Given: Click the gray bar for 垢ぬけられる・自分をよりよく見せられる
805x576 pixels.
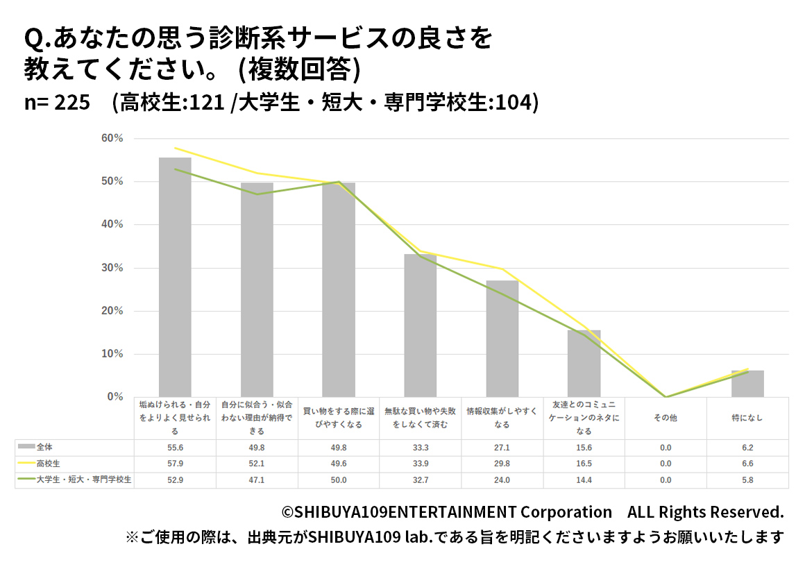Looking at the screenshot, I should click(175, 278).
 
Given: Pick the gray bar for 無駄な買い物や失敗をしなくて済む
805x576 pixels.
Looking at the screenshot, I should click(421, 325).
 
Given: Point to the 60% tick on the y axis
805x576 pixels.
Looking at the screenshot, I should click(112, 139).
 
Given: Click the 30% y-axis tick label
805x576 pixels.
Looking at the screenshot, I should click(112, 268).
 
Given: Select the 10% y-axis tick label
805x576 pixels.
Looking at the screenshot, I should click(112, 354).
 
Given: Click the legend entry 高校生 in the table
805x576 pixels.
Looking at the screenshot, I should click(49, 463).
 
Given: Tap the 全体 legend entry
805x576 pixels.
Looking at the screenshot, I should click(45, 446).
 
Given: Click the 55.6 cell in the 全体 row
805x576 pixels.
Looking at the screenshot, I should click(175, 447).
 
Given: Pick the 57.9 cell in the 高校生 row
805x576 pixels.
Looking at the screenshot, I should click(175, 464).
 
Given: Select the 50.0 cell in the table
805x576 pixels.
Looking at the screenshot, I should click(339, 480).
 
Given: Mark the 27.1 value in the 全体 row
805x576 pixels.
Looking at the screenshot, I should click(502, 447).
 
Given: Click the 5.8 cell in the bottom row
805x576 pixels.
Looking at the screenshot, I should click(747, 480).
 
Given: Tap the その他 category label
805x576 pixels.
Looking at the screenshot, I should click(666, 418).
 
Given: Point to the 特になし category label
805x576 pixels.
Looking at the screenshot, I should click(747, 418).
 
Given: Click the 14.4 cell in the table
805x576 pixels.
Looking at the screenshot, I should click(584, 480).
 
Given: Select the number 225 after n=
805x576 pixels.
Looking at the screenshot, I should click(72, 103).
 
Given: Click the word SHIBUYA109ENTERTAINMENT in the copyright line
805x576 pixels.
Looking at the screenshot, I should click(405, 512).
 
